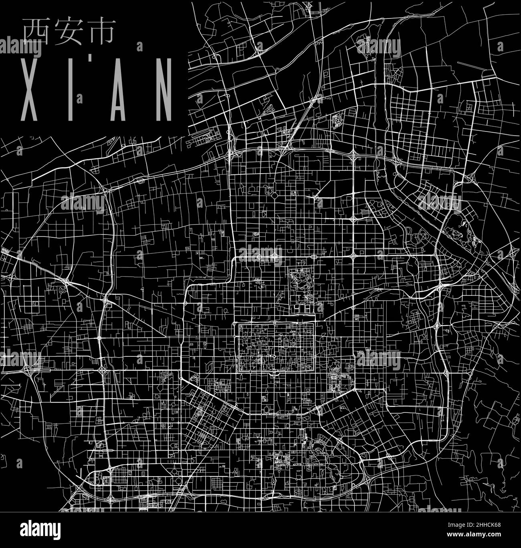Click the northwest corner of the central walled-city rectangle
click(x=239, y=324)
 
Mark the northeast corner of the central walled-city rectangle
click(x=314, y=324)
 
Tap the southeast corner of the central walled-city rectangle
click(x=314, y=372)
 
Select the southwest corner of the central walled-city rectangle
click(x=239, y=372)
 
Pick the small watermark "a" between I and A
click(x=81, y=97)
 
